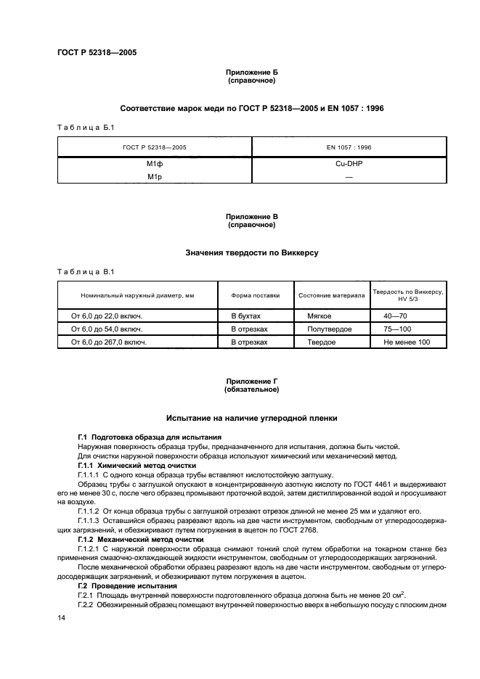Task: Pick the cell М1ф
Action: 154,164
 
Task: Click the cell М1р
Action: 154,176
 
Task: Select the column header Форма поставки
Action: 255,295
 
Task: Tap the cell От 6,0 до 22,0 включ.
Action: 106,316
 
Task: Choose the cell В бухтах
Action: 245,316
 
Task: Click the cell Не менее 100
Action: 407,342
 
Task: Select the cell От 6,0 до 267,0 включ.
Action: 108,342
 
